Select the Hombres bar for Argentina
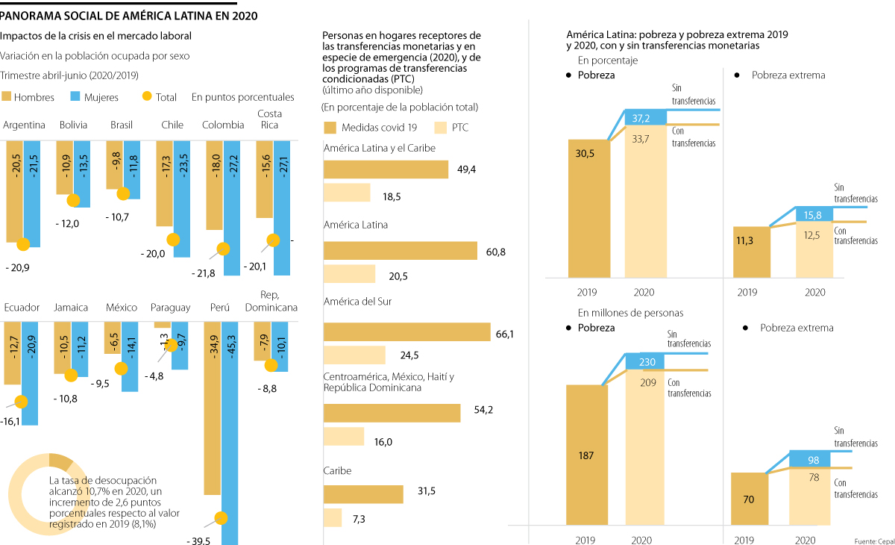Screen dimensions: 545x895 (14, 190)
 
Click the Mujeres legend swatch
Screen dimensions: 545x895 (75, 97)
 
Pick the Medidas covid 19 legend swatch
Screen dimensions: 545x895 (330, 127)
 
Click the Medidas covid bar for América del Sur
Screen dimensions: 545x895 (406, 332)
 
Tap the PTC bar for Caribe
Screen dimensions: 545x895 (333, 518)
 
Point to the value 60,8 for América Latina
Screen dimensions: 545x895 (496, 252)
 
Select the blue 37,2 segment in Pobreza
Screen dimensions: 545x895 (646, 117)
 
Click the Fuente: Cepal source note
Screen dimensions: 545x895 (874, 540)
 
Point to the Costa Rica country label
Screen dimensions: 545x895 (269, 119)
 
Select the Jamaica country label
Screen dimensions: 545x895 (71, 308)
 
